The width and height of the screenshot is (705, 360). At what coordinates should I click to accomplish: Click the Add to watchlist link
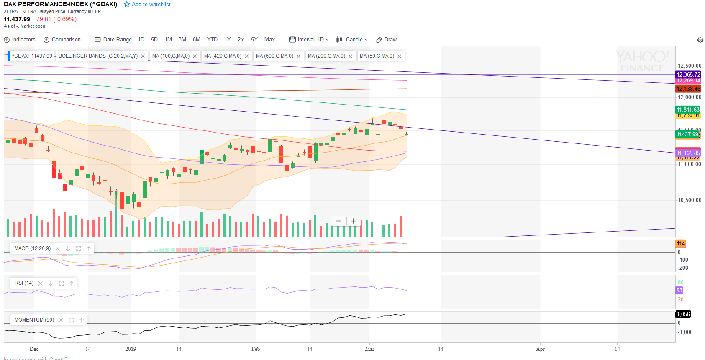click(x=147, y=5)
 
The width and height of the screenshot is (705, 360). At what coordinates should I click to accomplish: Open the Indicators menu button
click(x=20, y=40)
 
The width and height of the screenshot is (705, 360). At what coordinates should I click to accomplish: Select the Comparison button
click(x=62, y=40)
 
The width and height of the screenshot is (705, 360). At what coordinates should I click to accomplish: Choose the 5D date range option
click(x=154, y=40)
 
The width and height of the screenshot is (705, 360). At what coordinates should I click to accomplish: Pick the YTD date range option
click(x=212, y=40)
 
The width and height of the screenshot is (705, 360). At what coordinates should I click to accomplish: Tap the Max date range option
click(x=269, y=40)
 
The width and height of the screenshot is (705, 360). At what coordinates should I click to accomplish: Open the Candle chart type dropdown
click(x=352, y=40)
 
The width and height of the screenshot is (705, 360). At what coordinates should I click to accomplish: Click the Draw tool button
click(x=387, y=40)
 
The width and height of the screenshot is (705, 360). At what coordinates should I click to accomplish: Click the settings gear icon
click(x=700, y=40)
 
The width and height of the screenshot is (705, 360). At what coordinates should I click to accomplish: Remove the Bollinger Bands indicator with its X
click(x=143, y=56)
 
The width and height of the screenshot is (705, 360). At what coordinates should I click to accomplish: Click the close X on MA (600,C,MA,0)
click(x=299, y=56)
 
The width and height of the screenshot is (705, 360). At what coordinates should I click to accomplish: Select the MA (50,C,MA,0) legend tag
click(x=377, y=56)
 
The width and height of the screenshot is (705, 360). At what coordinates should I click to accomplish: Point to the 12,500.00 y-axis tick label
click(x=689, y=66)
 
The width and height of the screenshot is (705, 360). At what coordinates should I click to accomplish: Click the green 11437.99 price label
click(x=687, y=134)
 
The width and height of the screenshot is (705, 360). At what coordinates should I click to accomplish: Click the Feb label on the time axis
click(x=256, y=349)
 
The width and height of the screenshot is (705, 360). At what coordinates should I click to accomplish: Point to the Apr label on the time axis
click(x=540, y=349)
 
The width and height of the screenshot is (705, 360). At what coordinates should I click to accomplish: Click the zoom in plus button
click(x=354, y=221)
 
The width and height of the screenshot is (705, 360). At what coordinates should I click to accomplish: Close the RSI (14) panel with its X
click(x=41, y=283)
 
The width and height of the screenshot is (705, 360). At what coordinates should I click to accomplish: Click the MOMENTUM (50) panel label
click(x=34, y=320)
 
